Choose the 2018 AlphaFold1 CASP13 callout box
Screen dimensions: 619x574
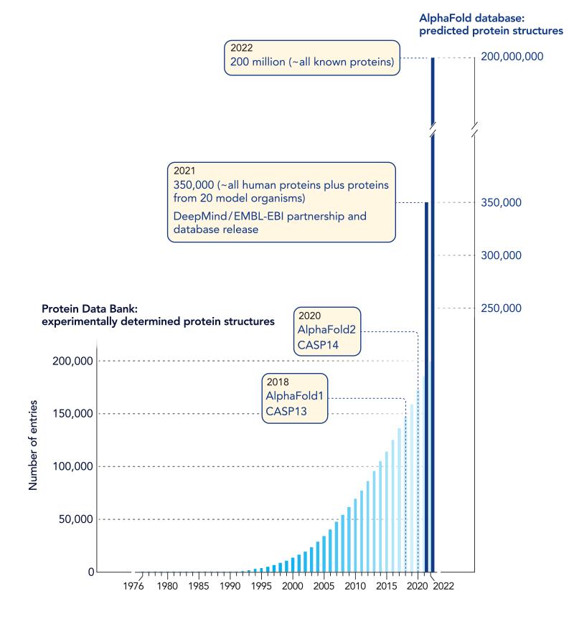pos(295,399)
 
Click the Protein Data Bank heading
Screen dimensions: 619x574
pos(158,315)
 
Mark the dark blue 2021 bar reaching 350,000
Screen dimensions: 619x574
pos(425,387)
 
